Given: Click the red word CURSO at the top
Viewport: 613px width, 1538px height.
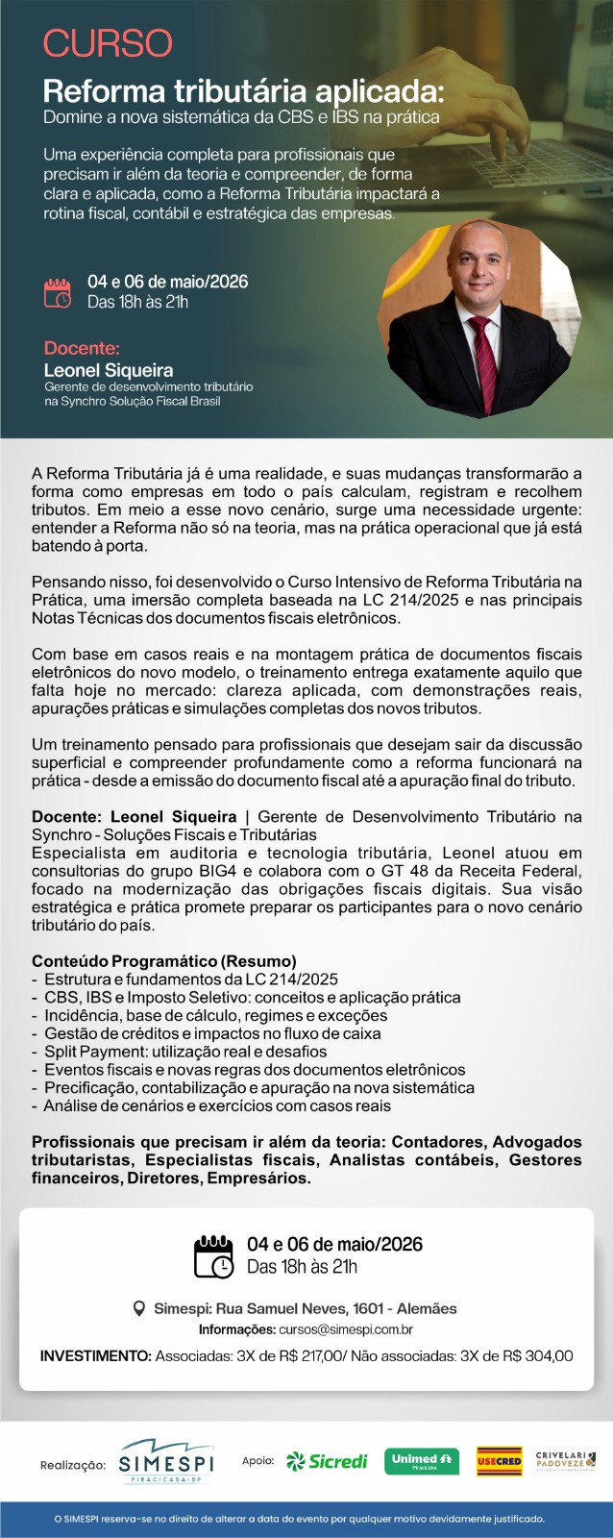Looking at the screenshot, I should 108,43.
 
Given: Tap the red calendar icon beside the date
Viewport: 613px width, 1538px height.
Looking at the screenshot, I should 58,292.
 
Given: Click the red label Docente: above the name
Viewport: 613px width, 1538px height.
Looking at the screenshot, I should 82,348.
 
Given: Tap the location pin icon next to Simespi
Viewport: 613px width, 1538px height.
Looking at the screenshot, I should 139,1308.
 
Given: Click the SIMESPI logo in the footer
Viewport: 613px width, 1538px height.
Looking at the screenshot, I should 165,1462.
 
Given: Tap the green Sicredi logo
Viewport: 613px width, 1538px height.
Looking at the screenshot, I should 328,1461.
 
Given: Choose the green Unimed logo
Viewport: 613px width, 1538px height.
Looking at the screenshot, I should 415,1461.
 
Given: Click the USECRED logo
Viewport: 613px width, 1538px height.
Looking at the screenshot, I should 499,1461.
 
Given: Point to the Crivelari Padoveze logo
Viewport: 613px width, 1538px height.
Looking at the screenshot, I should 566,1461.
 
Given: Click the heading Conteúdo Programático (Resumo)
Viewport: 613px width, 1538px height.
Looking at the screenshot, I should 163,961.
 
